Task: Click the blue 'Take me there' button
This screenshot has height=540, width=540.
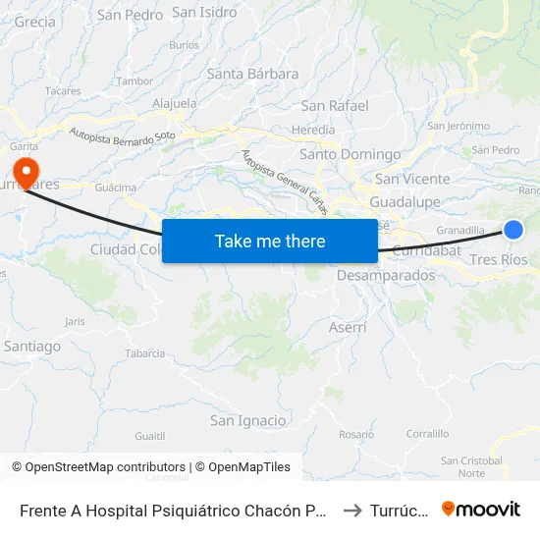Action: pyautogui.click(x=270, y=241)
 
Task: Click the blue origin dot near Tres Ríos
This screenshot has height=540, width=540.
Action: pyautogui.click(x=513, y=230)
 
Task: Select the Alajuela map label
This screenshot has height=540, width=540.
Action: pyautogui.click(x=176, y=103)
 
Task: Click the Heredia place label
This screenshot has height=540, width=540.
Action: pyautogui.click(x=314, y=130)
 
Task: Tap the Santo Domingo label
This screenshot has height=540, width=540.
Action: pyautogui.click(x=350, y=154)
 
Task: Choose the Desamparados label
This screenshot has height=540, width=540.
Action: pyautogui.click(x=385, y=276)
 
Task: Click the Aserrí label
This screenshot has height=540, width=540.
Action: pyautogui.click(x=348, y=327)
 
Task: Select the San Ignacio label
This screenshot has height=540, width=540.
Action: pyautogui.click(x=248, y=420)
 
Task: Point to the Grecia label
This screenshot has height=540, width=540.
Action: pyautogui.click(x=35, y=22)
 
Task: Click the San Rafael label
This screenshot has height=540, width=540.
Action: pyautogui.click(x=335, y=105)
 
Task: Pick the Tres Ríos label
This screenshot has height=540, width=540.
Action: pyautogui.click(x=499, y=260)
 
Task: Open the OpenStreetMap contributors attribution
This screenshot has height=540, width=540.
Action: pyautogui.click(x=98, y=467)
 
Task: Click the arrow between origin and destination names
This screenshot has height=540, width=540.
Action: pyautogui.click(x=355, y=510)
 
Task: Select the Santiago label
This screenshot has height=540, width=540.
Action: pyautogui.click(x=32, y=346)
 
